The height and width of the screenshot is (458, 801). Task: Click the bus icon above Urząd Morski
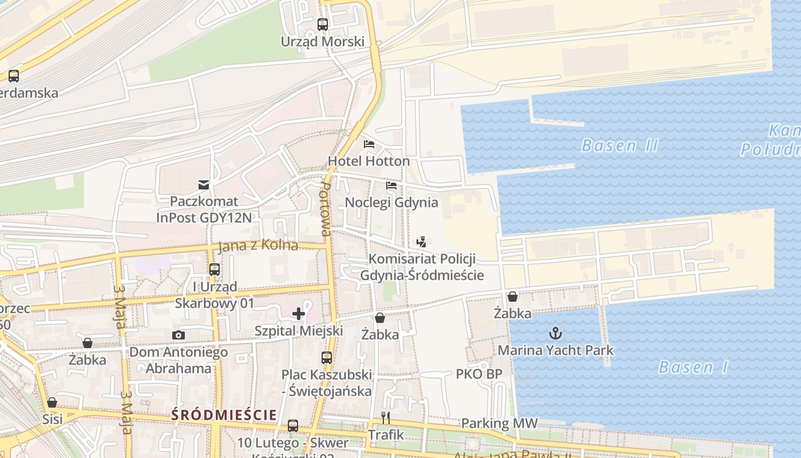[323, 25]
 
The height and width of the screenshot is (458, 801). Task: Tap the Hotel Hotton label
[368, 161]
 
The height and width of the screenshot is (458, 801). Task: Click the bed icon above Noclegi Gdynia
[391, 185]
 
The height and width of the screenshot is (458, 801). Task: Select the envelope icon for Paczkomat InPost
[204, 184]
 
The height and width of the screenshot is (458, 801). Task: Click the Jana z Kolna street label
[258, 246]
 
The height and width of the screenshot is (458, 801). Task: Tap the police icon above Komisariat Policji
[422, 242]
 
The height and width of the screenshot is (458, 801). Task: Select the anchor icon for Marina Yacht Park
[555, 333]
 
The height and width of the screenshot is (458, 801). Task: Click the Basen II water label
[620, 145]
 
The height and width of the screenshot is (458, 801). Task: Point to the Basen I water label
[693, 367]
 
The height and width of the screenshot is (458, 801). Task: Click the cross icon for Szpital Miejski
[299, 313]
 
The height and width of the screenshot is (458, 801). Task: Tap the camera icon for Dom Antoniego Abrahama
[179, 335]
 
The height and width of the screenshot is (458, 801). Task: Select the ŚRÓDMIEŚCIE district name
[224, 415]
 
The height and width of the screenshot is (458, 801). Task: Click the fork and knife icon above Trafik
[386, 417]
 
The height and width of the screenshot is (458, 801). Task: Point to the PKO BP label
[479, 374]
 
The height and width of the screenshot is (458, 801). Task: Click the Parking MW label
[499, 424]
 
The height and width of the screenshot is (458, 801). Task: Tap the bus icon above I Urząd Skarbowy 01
[215, 269]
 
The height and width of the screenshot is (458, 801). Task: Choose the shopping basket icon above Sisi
[52, 402]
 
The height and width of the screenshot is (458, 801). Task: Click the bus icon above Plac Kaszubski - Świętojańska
[327, 358]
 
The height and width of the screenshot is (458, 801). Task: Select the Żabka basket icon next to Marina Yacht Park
[513, 297]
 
